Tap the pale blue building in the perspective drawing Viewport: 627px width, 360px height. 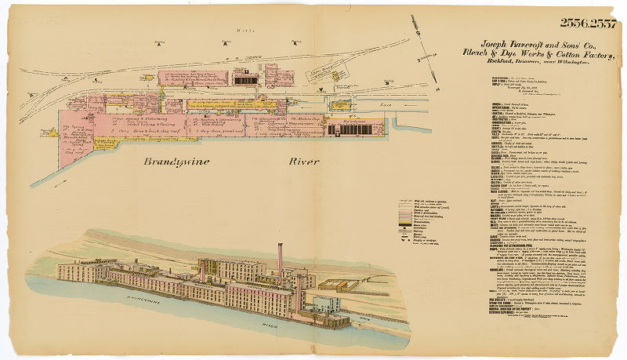coord(325,303)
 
